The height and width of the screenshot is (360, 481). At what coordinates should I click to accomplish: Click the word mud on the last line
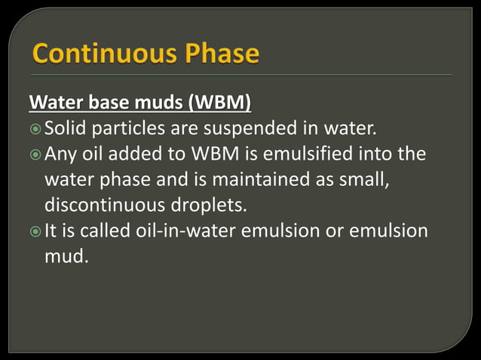(64, 257)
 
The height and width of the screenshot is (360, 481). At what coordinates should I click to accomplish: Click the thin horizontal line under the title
(241, 75)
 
